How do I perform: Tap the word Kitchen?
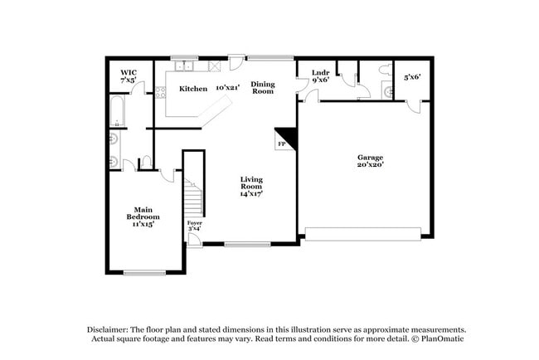(x=193, y=88)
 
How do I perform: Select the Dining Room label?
(x=263, y=87)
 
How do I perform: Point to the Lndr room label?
(x=321, y=78)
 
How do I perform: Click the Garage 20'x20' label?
(x=370, y=160)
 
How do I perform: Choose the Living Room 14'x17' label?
(x=252, y=187)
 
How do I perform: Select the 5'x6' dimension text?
(x=412, y=77)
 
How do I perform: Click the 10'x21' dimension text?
(x=226, y=87)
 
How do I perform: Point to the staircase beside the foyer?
(x=193, y=199)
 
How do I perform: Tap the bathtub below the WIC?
(x=117, y=113)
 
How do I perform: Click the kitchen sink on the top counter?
(x=183, y=66)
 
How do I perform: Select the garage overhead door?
(x=367, y=232)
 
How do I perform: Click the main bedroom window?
(x=145, y=272)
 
